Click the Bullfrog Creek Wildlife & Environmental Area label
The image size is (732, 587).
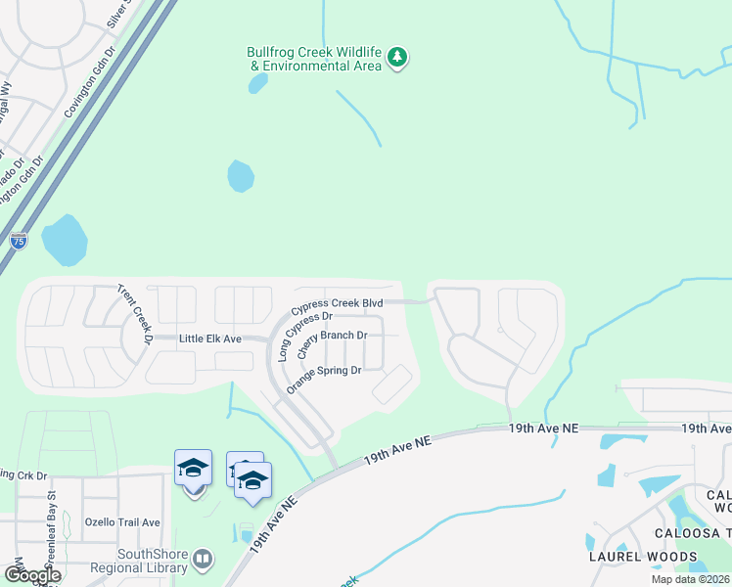(313, 59)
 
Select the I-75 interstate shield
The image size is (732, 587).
(19, 240)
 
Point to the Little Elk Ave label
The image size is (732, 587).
(209, 339)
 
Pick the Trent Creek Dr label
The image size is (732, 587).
(134, 314)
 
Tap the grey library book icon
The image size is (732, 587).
(203, 560)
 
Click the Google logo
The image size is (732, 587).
(32, 575)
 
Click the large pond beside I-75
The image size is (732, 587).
(64, 240)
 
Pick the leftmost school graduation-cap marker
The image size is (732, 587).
(193, 469)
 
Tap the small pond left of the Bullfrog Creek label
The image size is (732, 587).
(258, 83)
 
